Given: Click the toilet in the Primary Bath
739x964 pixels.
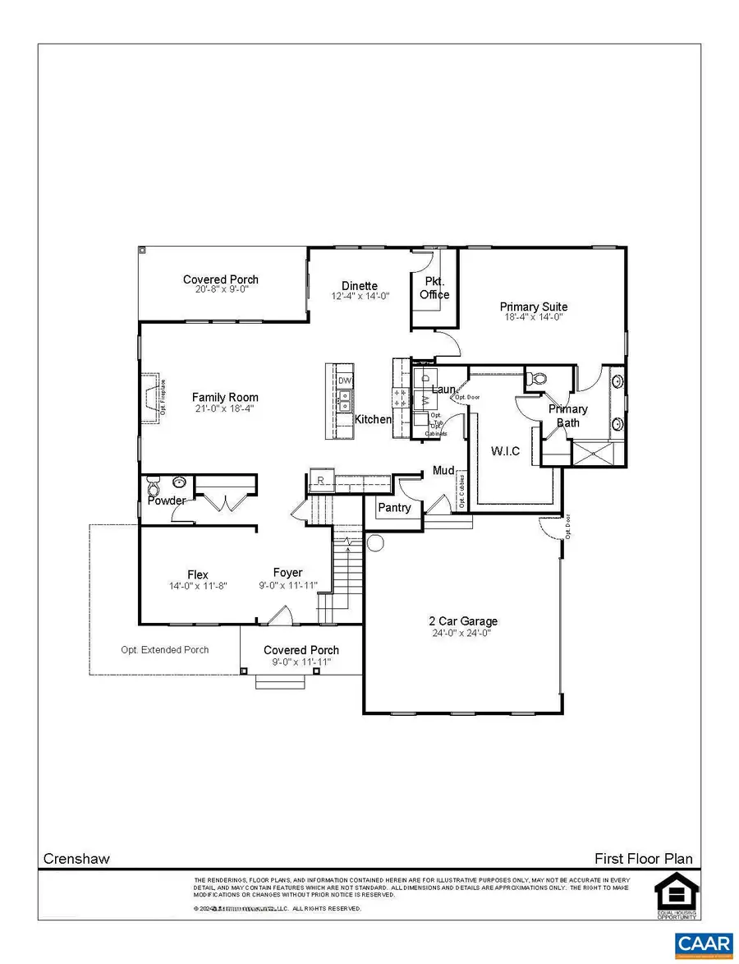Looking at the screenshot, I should (x=539, y=379).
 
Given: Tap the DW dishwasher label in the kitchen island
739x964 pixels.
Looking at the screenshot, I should (x=345, y=382).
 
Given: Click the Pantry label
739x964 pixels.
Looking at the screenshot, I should (x=394, y=508).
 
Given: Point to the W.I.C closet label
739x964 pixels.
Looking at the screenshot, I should (x=505, y=451).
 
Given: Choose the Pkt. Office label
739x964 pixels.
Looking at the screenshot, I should (x=434, y=288).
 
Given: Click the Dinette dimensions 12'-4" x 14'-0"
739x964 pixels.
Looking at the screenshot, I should (x=360, y=296).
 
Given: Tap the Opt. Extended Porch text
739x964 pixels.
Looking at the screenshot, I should (x=164, y=650).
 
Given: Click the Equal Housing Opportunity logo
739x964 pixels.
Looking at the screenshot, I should (x=676, y=897).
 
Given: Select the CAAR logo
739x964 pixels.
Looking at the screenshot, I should (x=704, y=946).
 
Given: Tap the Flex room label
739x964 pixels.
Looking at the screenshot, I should (x=197, y=575).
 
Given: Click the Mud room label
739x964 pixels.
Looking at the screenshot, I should (x=444, y=471).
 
